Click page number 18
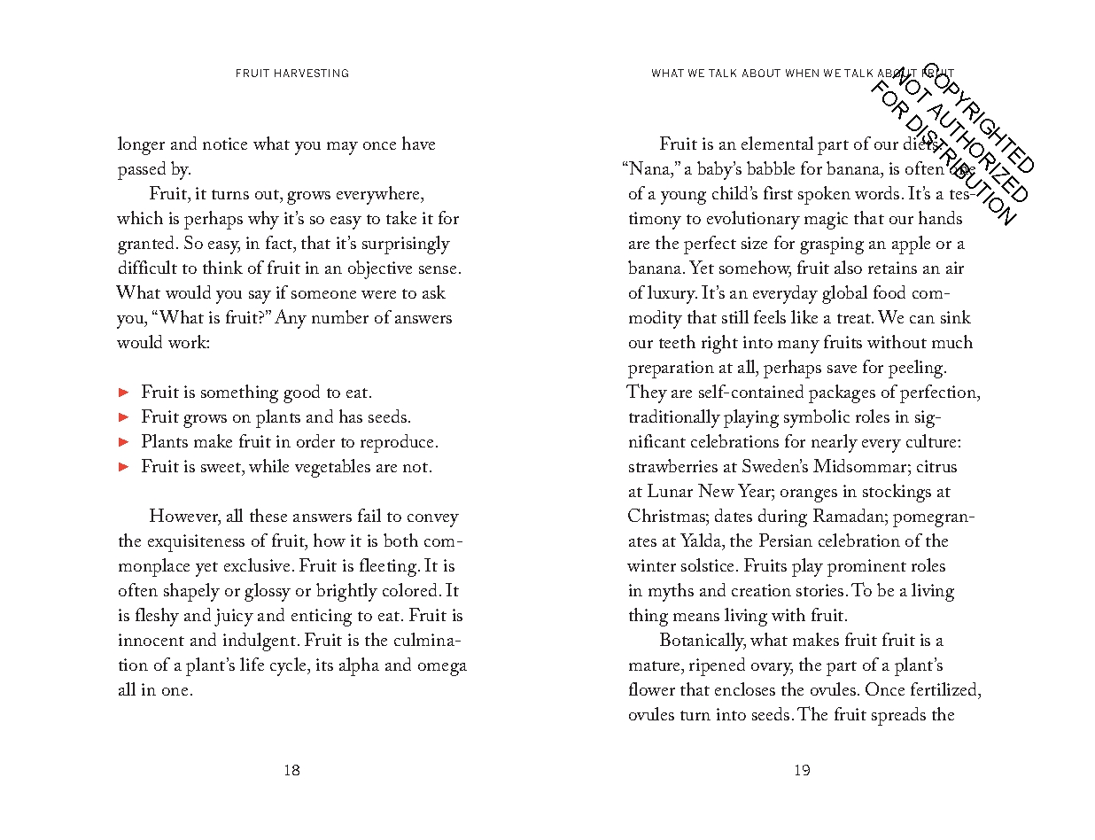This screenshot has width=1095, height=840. pos(291,771)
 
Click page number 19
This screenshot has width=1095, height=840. pos(802,771)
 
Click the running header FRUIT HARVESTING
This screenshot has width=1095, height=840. pos(292,74)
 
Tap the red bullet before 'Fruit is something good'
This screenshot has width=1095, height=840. pos(125,392)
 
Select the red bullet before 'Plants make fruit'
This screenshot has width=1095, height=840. pos(125,441)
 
